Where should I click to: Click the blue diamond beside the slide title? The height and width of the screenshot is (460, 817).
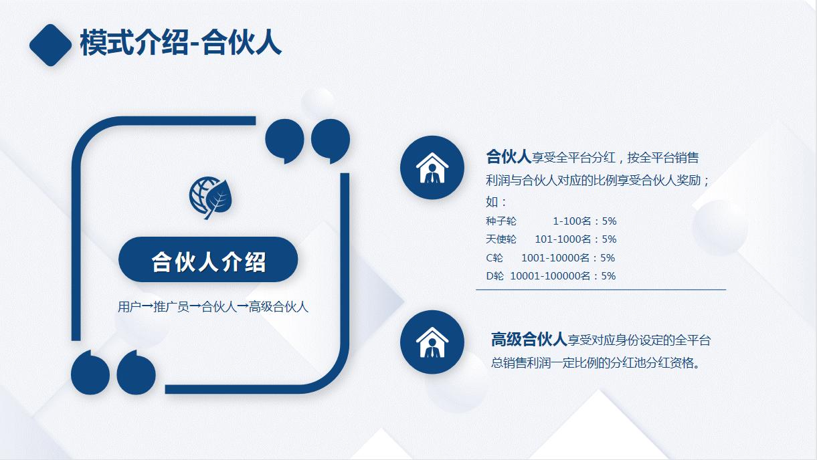tap(50, 45)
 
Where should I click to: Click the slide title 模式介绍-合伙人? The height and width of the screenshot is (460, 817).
tap(181, 43)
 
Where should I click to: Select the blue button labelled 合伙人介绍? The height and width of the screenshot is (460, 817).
tap(208, 260)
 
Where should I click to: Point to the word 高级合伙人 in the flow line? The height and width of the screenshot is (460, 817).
tap(278, 307)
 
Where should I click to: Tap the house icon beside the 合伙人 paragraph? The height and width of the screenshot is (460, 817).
tap(432, 167)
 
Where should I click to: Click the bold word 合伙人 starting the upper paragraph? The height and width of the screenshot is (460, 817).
tap(509, 157)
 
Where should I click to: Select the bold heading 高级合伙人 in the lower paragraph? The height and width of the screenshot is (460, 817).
tap(529, 340)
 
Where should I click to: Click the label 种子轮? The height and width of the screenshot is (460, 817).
tap(501, 221)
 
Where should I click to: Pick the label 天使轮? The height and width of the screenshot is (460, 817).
tap(501, 239)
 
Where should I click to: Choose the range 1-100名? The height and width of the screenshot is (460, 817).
tap(571, 221)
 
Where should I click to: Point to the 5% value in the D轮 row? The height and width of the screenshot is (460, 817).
tap(608, 276)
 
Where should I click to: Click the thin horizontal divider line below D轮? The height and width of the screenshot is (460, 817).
tap(600, 290)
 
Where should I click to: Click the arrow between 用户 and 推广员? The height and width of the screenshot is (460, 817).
tap(147, 307)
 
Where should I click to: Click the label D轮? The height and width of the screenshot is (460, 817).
tap(495, 276)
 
